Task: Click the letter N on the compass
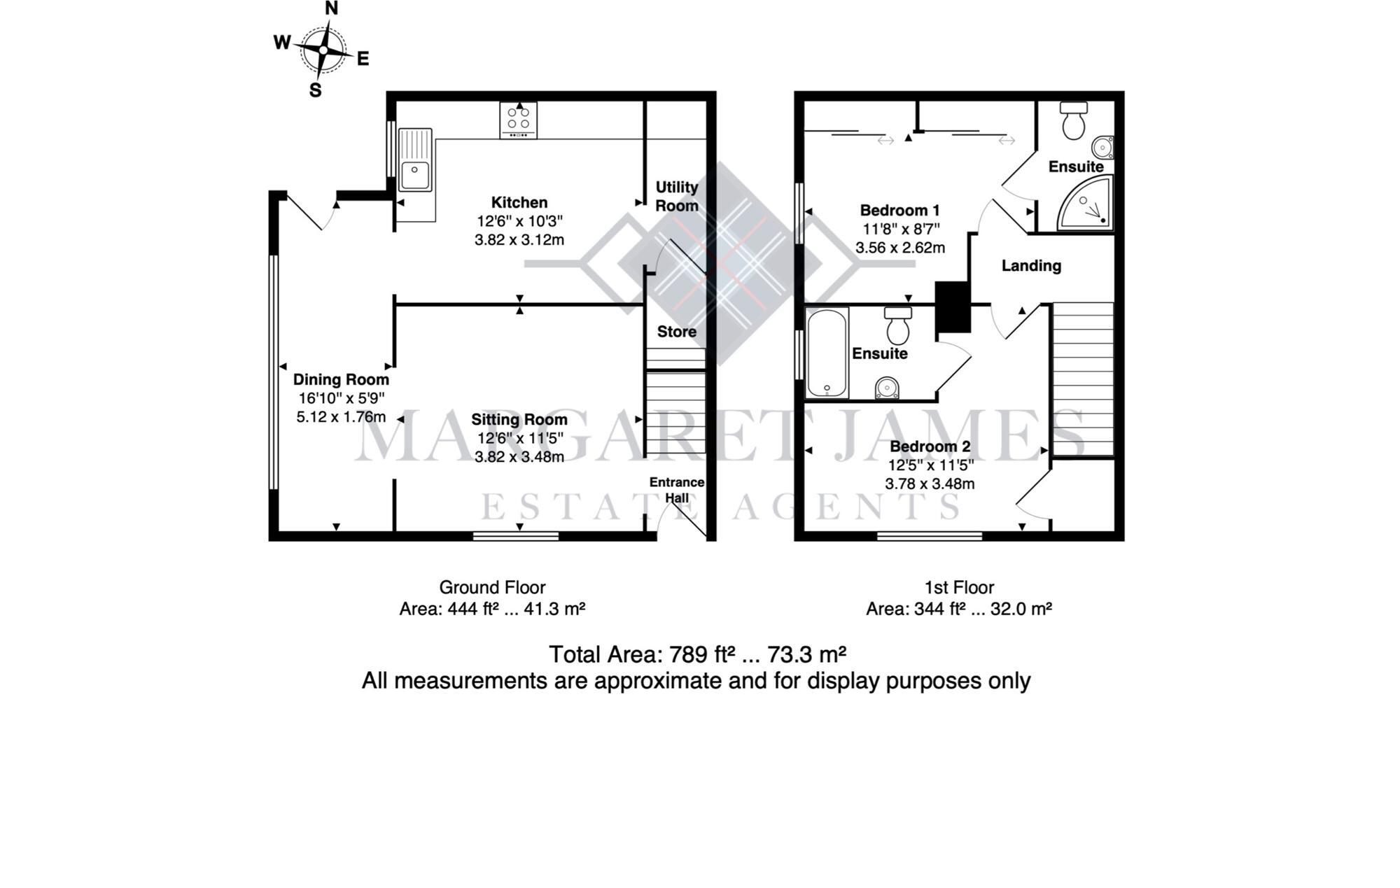pyautogui.click(x=332, y=8)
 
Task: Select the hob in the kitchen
pyautogui.click(x=519, y=119)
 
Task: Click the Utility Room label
pyautogui.click(x=676, y=197)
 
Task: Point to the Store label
pyautogui.click(x=676, y=332)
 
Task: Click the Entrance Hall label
pyautogui.click(x=676, y=490)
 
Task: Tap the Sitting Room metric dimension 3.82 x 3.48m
pyautogui.click(x=519, y=457)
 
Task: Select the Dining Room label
pyautogui.click(x=341, y=379)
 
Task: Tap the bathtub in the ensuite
pyautogui.click(x=827, y=353)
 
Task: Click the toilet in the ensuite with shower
pyautogui.click(x=1073, y=122)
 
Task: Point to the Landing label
pyautogui.click(x=1031, y=266)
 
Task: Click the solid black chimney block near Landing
pyautogui.click(x=953, y=306)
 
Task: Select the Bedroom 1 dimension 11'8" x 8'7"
pyautogui.click(x=899, y=229)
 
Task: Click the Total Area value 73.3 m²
pyautogui.click(x=806, y=655)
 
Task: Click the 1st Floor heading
pyautogui.click(x=958, y=587)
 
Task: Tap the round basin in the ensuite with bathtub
pyautogui.click(x=887, y=387)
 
